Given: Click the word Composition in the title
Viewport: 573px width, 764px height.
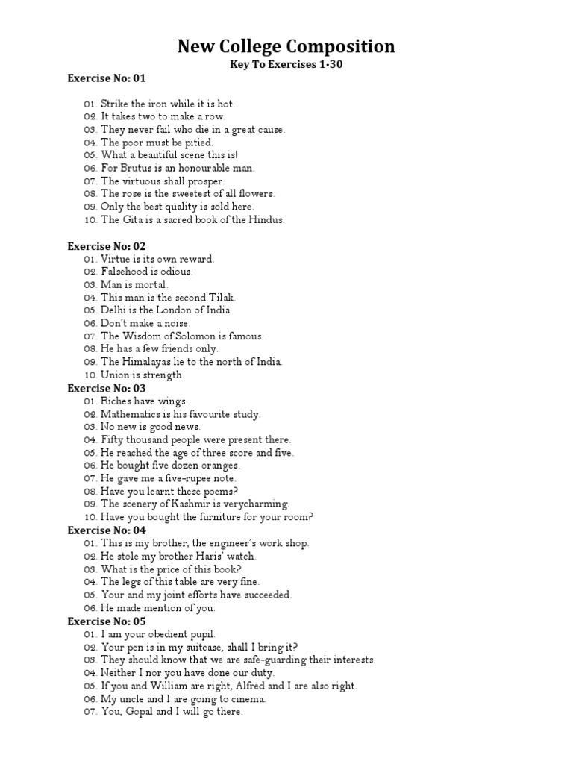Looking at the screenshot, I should (339, 47).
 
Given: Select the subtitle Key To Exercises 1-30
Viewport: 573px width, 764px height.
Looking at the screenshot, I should (286, 66).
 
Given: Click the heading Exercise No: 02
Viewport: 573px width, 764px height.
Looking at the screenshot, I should (107, 246).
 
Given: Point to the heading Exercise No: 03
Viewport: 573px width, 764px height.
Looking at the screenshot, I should (107, 389).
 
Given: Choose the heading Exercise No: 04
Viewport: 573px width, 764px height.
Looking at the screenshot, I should (107, 530).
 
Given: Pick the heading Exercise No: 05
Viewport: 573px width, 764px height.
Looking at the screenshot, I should (107, 621).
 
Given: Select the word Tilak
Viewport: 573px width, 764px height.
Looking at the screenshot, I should (220, 298).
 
